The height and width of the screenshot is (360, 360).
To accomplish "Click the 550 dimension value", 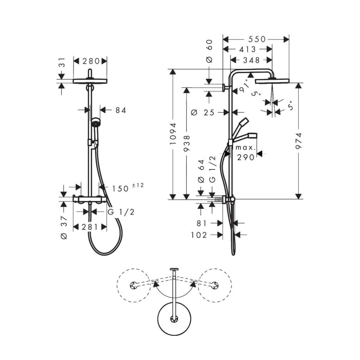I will coord(256,39).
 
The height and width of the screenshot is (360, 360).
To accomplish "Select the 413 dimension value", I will coord(247,50).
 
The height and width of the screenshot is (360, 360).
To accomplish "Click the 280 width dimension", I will coord(91,61).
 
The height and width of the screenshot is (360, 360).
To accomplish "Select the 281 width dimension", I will coord(91,227).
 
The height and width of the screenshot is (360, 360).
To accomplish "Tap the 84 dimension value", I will coord(120,110).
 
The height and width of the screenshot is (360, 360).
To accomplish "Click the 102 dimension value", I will coord(198,235).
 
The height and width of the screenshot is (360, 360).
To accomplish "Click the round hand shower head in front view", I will coord(95,123).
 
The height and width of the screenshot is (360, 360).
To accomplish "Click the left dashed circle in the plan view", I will coord(134,285).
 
